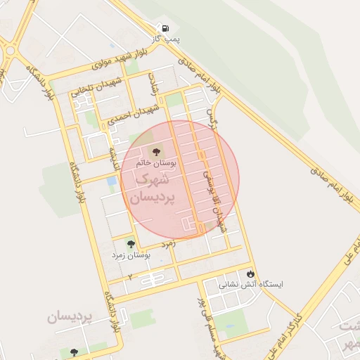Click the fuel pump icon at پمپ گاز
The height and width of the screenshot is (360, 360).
tap(165, 29)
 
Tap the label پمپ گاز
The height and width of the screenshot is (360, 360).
tap(168, 41)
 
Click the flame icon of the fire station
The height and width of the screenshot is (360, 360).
tap(250, 274)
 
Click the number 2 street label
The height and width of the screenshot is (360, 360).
tap(129, 277)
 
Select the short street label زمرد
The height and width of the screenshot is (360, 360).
tap(167, 243)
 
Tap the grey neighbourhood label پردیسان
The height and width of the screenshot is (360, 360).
tap(70, 317)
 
